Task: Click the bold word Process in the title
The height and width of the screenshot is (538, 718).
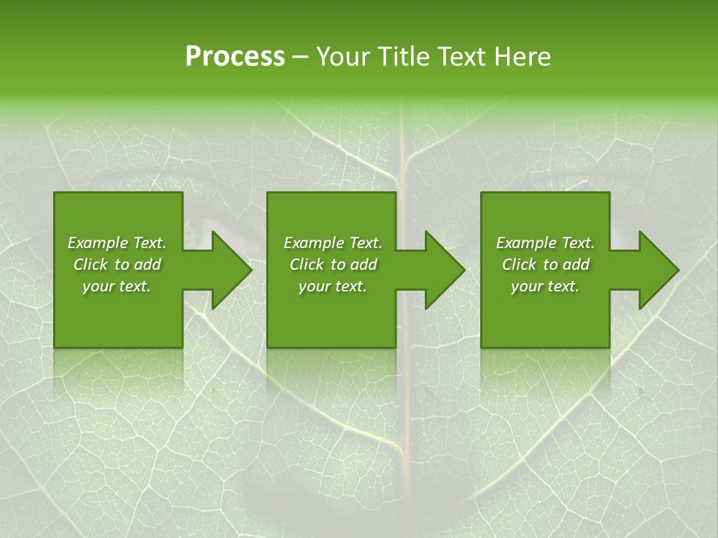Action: tap(235, 57)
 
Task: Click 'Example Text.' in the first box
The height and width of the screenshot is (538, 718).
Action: tap(117, 243)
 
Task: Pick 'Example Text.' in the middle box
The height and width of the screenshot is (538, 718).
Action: tap(333, 243)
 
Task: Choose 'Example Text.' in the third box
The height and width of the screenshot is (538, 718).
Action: tap(545, 243)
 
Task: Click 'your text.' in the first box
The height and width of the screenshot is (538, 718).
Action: tap(117, 286)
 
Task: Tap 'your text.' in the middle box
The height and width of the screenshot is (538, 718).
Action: tap(333, 286)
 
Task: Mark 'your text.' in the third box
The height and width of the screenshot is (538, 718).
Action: tap(545, 286)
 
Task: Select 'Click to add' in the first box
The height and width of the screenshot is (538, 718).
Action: tap(117, 265)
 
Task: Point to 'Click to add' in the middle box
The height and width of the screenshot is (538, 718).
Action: tap(333, 265)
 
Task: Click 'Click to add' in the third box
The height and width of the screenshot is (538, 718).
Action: tap(545, 265)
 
